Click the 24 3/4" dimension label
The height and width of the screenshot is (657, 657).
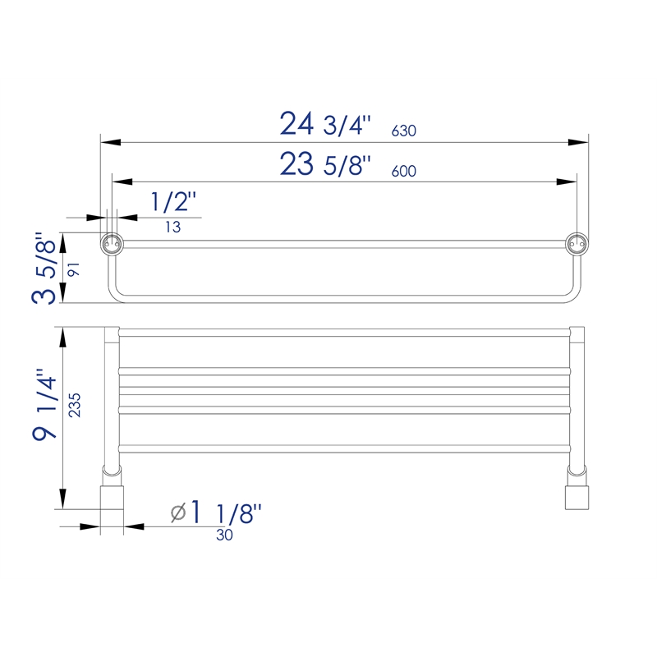click(x=325, y=124)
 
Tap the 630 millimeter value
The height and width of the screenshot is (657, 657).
click(x=403, y=131)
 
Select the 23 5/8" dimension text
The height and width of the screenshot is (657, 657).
click(x=325, y=163)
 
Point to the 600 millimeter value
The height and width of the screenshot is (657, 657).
click(x=403, y=171)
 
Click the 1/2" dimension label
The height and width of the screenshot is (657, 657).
click(x=173, y=201)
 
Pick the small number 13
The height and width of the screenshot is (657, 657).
click(x=172, y=227)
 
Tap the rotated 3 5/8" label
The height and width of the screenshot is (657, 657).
click(x=44, y=268)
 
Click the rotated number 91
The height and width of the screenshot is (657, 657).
click(x=74, y=269)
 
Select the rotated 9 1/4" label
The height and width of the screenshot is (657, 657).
click(x=44, y=404)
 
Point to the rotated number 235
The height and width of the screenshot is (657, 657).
click(x=75, y=405)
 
